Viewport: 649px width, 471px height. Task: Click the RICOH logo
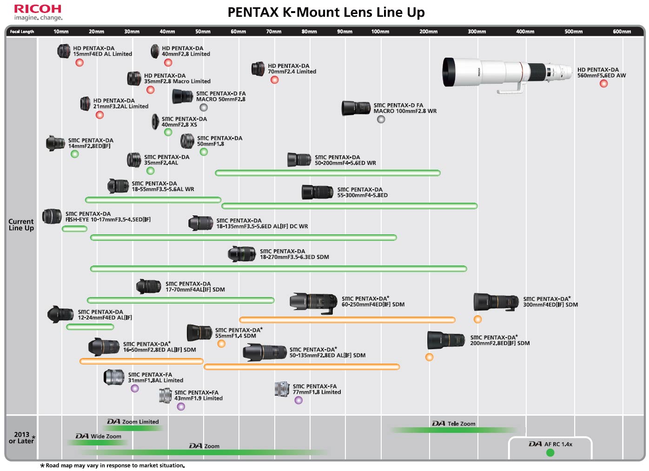[38, 9]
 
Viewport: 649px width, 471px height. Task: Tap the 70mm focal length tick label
[274, 32]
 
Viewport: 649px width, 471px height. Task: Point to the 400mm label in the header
[525, 32]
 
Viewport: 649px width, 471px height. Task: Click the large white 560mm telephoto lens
[507, 73]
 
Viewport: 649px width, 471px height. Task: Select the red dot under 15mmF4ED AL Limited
[79, 62]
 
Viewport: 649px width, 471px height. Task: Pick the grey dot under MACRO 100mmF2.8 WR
[381, 119]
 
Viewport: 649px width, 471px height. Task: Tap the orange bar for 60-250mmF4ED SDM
[347, 319]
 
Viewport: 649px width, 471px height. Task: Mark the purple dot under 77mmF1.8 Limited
[298, 400]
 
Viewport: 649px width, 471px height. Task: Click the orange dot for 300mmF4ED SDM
[477, 319]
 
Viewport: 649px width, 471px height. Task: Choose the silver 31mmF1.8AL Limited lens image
[114, 377]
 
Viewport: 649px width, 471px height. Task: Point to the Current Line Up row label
[21, 225]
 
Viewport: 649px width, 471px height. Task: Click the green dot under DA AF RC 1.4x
[550, 452]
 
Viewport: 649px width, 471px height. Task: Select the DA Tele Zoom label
[454, 424]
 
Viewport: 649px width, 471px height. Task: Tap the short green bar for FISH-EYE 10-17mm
[74, 229]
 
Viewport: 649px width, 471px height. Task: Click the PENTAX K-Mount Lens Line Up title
[326, 12]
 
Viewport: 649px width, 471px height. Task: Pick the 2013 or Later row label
[21, 438]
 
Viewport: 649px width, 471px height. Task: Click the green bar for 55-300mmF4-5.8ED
[349, 206]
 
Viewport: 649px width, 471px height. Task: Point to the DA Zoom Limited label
[133, 422]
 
